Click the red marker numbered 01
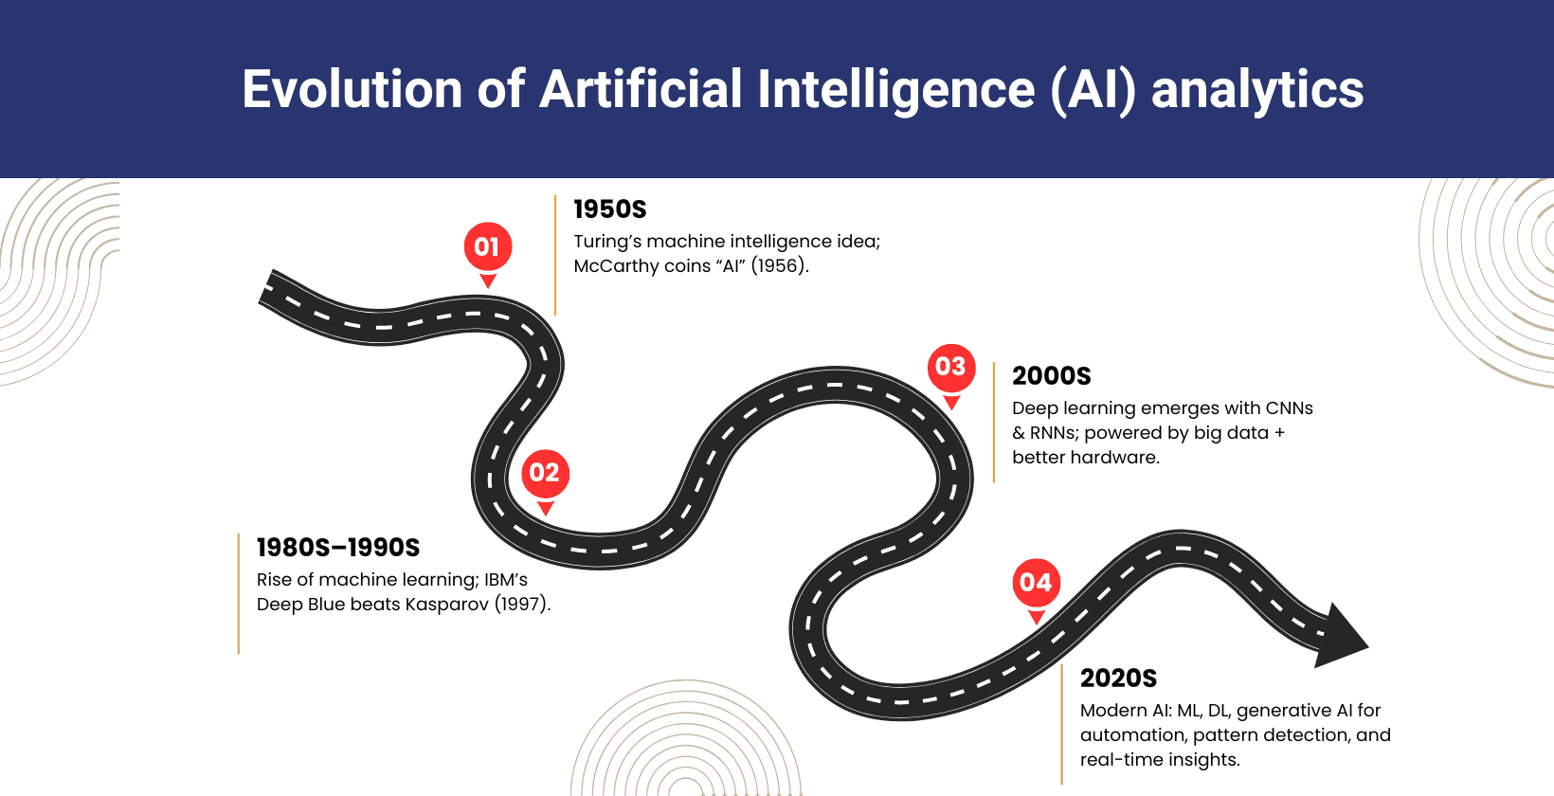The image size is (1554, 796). click(487, 247)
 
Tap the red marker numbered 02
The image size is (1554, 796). click(545, 473)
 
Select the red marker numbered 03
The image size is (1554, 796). click(950, 367)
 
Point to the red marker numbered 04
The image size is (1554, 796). click(1036, 583)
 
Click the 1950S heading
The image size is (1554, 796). click(610, 209)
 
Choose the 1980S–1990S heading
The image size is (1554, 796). click(338, 548)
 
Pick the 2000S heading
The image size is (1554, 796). click(1052, 376)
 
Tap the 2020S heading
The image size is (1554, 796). click(1118, 678)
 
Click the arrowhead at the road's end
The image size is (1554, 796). click(1340, 637)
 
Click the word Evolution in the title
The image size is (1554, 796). click(352, 90)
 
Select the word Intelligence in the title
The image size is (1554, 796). click(895, 90)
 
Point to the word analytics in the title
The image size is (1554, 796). click(1257, 90)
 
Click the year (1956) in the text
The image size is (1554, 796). click(779, 266)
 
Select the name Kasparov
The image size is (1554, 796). click(446, 605)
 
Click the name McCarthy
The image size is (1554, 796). click(616, 266)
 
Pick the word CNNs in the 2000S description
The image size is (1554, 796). click(1289, 408)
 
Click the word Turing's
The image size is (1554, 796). click(607, 242)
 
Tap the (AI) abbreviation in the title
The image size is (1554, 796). click(1093, 90)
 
